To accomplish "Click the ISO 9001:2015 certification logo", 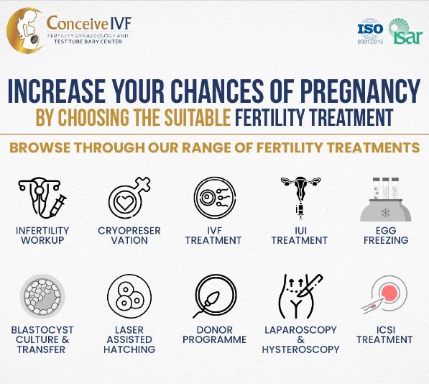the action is tap(370, 32).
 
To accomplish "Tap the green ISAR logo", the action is tap(405, 32).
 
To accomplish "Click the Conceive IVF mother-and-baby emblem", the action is tap(25, 30).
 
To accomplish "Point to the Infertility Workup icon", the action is tap(42, 198).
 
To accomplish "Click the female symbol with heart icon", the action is tap(129, 198).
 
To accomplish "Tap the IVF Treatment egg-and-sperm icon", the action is tap(214, 198).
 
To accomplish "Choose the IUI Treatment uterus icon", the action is tap(300, 198).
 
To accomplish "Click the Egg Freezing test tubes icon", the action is tap(386, 199).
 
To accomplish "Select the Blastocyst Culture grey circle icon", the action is tap(42, 297).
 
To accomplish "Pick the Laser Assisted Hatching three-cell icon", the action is tap(129, 296).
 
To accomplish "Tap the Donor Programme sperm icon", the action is tap(215, 297).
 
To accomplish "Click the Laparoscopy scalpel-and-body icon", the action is tap(300, 296).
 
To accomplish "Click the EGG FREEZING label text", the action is tap(386, 235).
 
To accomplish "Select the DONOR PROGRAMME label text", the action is tap(214, 334).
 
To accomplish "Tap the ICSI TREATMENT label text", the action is tap(384, 334).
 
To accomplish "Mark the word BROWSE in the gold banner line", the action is tap(40, 147).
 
